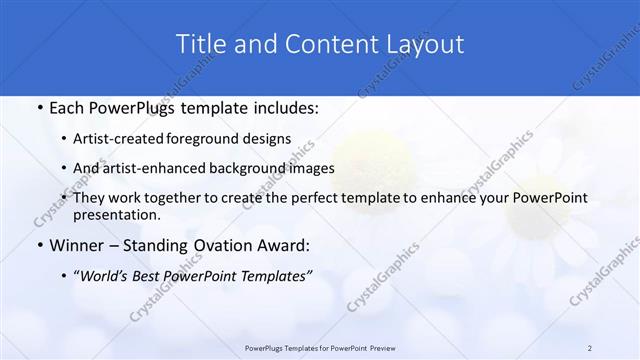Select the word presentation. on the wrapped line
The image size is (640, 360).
click(x=117, y=214)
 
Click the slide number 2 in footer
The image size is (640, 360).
click(x=590, y=348)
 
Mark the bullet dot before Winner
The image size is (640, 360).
click(x=38, y=245)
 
